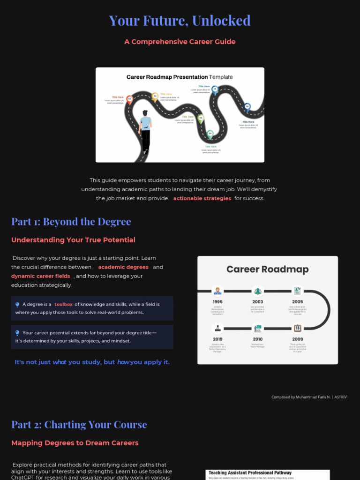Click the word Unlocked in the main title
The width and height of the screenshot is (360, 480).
221,21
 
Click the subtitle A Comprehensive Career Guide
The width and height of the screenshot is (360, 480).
180,42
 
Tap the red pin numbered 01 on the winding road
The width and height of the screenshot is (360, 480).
130,99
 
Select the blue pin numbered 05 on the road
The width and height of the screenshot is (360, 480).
215,89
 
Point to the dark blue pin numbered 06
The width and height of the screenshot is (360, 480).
247,106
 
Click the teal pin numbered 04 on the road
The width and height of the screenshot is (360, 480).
210,134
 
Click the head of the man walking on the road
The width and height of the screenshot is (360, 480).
145,113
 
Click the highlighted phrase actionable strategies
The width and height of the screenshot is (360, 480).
202,198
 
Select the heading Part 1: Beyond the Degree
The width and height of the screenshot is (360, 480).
71,221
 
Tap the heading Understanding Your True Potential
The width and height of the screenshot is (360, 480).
73,240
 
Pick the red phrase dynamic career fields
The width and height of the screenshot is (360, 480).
41,276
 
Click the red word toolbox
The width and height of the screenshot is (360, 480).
63,304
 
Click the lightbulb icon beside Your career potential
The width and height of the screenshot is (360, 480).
17,333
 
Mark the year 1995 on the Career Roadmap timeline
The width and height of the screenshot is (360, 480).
217,302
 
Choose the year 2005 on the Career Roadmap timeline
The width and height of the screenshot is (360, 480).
297,302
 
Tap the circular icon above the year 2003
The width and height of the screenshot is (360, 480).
257,291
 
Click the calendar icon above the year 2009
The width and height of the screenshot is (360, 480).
297,328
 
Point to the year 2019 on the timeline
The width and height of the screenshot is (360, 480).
217,339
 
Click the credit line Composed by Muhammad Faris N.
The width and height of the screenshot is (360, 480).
309,397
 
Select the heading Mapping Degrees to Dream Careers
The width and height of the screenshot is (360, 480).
75,443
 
